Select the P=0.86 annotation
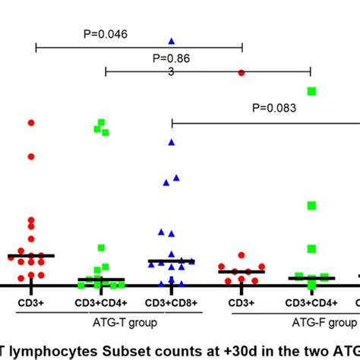click(x=171, y=58)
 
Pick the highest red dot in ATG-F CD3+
click(x=242, y=72)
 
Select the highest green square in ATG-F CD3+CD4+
click(x=311, y=91)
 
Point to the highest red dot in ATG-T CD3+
click(x=31, y=122)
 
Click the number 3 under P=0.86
click(x=172, y=71)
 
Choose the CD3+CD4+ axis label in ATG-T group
click(x=101, y=302)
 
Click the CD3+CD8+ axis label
click(x=172, y=302)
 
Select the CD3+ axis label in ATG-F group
click(x=242, y=302)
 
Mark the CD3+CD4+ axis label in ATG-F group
click(x=311, y=302)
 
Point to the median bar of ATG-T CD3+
click(x=31, y=256)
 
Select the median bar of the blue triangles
click(x=172, y=261)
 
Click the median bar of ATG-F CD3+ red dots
click(x=242, y=271)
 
